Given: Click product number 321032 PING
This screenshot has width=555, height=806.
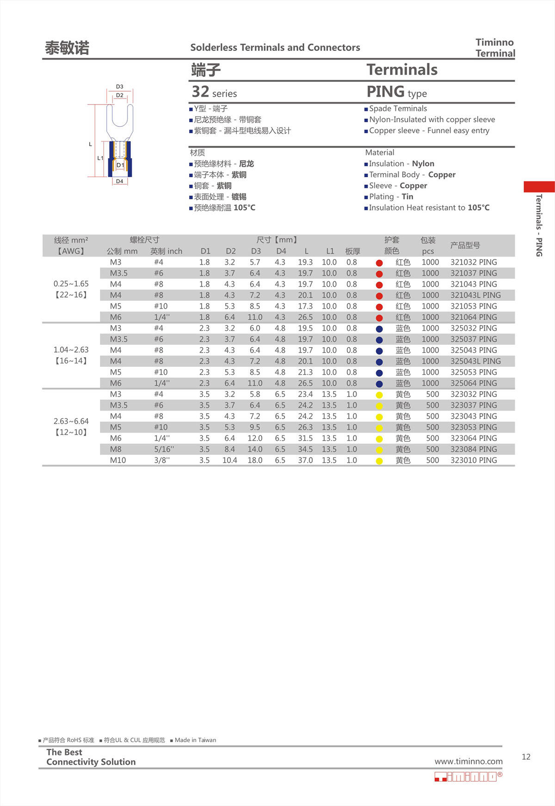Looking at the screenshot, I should click(474, 262).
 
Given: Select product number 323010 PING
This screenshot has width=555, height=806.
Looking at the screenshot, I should click(474, 460).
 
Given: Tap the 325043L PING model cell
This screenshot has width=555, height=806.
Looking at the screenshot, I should click(475, 361).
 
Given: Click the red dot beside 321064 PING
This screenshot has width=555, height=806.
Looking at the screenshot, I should click(379, 318).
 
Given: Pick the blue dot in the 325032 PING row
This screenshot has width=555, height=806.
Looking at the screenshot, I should click(379, 329).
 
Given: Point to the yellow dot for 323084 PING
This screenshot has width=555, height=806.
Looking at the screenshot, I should click(379, 450).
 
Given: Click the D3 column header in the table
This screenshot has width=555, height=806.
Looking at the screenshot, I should click(256, 251).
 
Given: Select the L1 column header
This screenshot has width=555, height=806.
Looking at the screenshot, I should click(330, 251).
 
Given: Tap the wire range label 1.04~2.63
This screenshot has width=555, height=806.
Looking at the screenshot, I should click(71, 350).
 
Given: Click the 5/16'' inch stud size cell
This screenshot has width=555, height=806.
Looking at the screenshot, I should click(164, 449).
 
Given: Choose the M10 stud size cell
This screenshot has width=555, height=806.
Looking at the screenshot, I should click(118, 460).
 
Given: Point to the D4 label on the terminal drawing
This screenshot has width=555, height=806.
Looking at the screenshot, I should click(120, 181).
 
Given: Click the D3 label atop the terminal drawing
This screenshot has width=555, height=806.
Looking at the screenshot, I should click(120, 87).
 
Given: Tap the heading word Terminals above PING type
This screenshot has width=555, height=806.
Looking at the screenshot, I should click(402, 70).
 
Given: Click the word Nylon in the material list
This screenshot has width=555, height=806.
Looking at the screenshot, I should click(423, 164).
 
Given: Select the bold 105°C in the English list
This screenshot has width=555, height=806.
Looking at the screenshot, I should click(478, 208).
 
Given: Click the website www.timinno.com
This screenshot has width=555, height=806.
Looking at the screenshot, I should click(468, 762).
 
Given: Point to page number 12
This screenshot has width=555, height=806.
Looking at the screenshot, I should click(526, 757).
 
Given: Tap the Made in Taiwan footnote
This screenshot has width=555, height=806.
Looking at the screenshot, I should click(195, 740).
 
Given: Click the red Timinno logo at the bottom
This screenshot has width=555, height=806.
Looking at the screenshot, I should click(468, 776).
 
